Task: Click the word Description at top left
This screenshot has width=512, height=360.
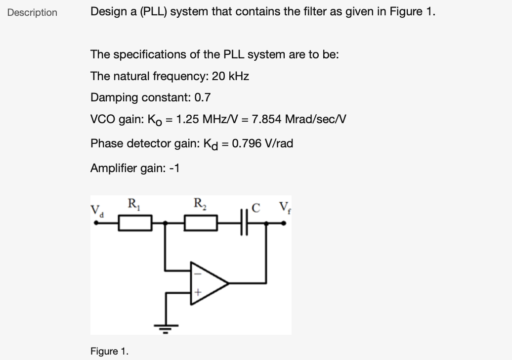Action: click(32, 12)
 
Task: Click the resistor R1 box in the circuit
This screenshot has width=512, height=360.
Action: click(134, 223)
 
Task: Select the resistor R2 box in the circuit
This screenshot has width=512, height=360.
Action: click(201, 223)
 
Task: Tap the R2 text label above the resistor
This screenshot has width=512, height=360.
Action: click(200, 203)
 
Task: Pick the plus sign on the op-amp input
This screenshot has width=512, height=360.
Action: click(197, 294)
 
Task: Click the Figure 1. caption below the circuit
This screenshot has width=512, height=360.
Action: click(109, 351)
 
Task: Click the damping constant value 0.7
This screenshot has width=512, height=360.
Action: click(203, 97)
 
